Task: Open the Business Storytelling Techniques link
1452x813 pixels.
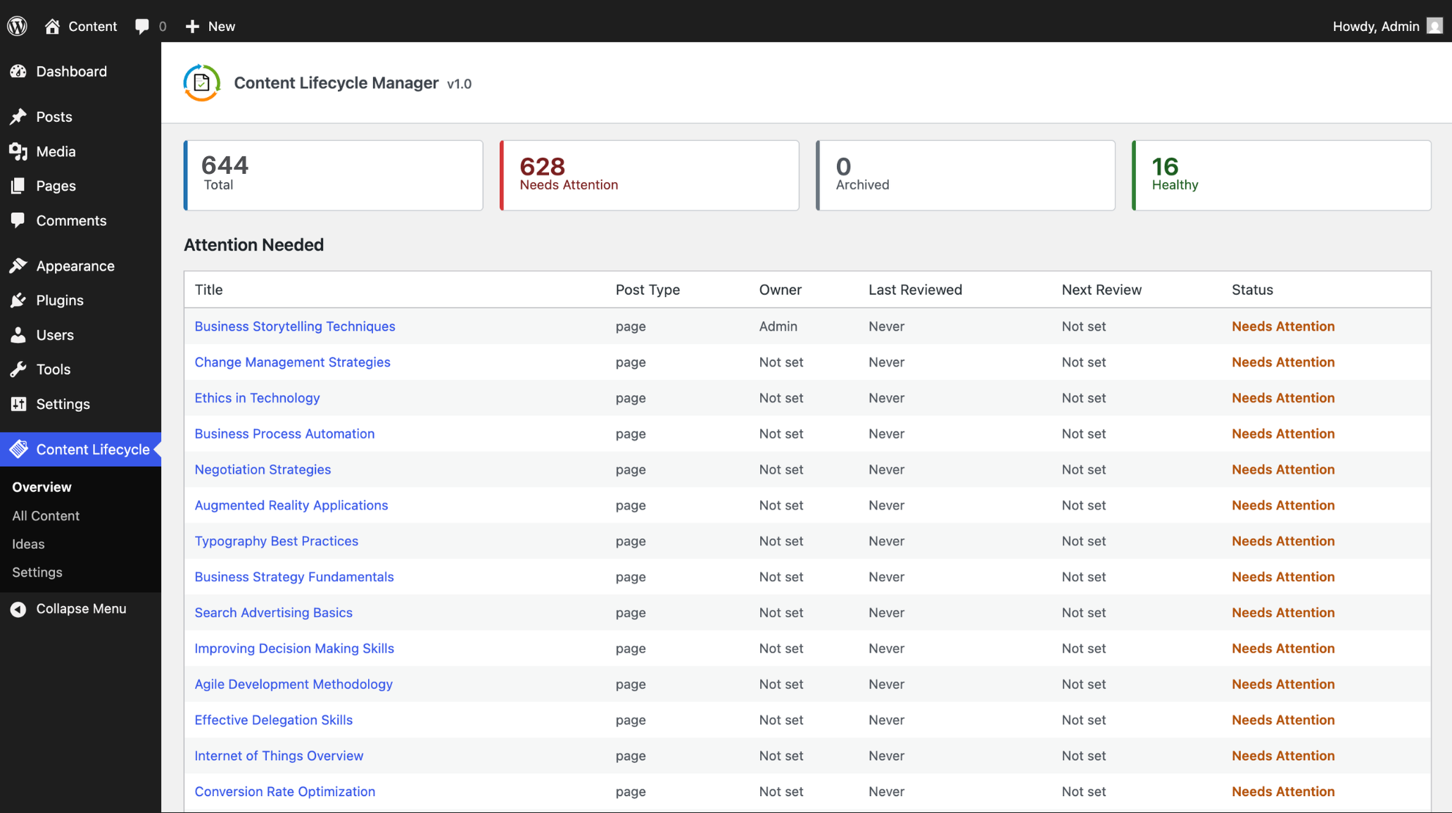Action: click(295, 326)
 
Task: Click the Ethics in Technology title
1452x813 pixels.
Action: click(257, 398)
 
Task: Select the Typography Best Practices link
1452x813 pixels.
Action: click(277, 541)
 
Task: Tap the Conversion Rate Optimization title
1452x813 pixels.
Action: click(285, 791)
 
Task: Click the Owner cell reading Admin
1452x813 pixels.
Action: click(778, 326)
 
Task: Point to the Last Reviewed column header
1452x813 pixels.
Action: click(915, 289)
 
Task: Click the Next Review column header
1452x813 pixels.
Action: click(1101, 289)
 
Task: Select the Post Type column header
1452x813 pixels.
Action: click(648, 289)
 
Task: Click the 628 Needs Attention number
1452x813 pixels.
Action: click(542, 166)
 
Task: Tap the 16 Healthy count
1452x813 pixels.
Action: click(1165, 166)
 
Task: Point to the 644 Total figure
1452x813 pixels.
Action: click(225, 165)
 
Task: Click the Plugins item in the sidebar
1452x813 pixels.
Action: click(60, 300)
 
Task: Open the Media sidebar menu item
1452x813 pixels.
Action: click(56, 151)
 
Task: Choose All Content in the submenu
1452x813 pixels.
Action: click(46, 515)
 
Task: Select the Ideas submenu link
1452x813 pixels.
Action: click(28, 543)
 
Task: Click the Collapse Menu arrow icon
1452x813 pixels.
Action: click(18, 609)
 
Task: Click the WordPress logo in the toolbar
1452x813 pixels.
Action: click(17, 26)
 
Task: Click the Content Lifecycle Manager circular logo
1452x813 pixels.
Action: click(202, 83)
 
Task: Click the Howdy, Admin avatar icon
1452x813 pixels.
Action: click(1434, 26)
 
